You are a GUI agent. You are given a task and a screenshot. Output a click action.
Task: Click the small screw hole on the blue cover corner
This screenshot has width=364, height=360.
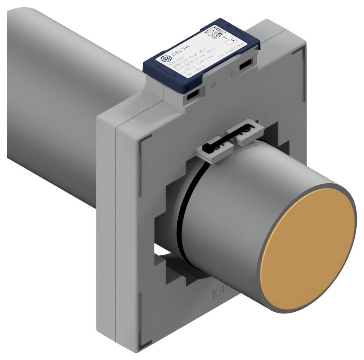click(x=188, y=87)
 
